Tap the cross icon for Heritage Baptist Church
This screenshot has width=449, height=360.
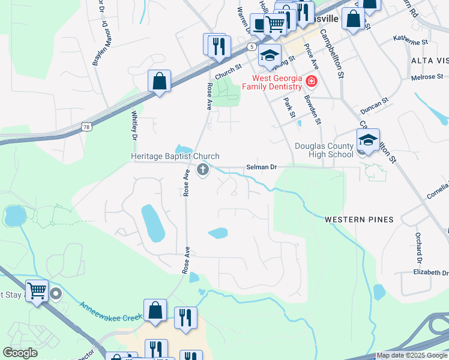[x=203, y=170]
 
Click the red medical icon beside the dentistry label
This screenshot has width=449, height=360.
[x=311, y=81]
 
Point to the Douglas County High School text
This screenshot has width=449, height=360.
[x=324, y=150]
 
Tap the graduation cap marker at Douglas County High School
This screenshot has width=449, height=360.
[x=368, y=141]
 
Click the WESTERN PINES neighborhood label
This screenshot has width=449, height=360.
[x=359, y=220]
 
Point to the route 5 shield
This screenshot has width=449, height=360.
[x=251, y=47]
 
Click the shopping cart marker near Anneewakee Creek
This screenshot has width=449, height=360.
[x=37, y=291]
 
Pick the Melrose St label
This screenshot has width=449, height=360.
[x=427, y=77]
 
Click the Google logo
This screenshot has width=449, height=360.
[x=20, y=353]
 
